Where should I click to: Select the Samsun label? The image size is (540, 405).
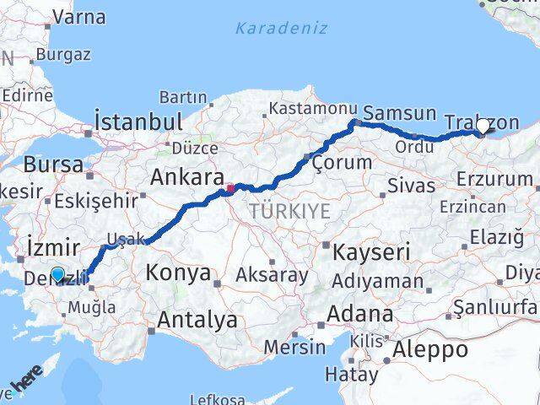pyautogui.click(x=399, y=113)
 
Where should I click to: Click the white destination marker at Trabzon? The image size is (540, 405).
pyautogui.click(x=483, y=127)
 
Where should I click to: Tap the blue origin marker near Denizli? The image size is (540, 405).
pyautogui.click(x=57, y=273)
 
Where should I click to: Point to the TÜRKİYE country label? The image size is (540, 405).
pyautogui.click(x=290, y=214)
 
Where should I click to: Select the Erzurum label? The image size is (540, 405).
pyautogui.click(x=496, y=178)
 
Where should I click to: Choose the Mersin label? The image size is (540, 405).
pyautogui.click(x=294, y=347)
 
